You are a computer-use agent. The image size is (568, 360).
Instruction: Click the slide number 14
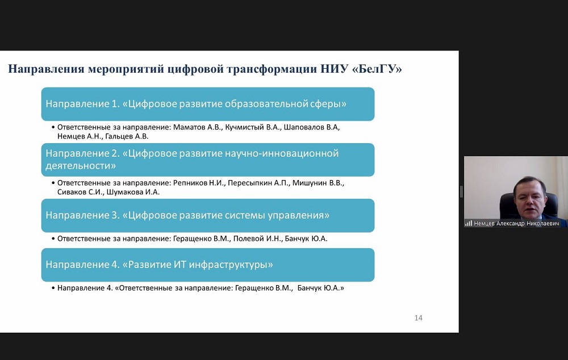419,318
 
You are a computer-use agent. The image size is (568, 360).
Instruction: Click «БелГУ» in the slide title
377,69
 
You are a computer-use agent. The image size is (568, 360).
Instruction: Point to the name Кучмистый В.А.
253,127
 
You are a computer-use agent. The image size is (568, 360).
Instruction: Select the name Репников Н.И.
199,183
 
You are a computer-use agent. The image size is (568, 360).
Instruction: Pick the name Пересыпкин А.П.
258,183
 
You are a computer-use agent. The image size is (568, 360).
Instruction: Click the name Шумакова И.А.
133,192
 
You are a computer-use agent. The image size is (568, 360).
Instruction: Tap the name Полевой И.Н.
257,238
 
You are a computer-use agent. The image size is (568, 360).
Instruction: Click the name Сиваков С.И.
80,192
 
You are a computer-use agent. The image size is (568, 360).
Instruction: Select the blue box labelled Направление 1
208,104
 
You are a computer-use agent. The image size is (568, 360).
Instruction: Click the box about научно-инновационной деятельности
208,160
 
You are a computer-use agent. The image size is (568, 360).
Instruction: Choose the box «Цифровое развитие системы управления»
208,216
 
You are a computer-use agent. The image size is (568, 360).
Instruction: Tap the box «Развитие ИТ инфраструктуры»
208,265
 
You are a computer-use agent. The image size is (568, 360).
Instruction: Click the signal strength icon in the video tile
469,224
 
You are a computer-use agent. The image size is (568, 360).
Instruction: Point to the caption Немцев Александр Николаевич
516,224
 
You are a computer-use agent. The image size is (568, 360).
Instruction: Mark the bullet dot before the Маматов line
53,127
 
